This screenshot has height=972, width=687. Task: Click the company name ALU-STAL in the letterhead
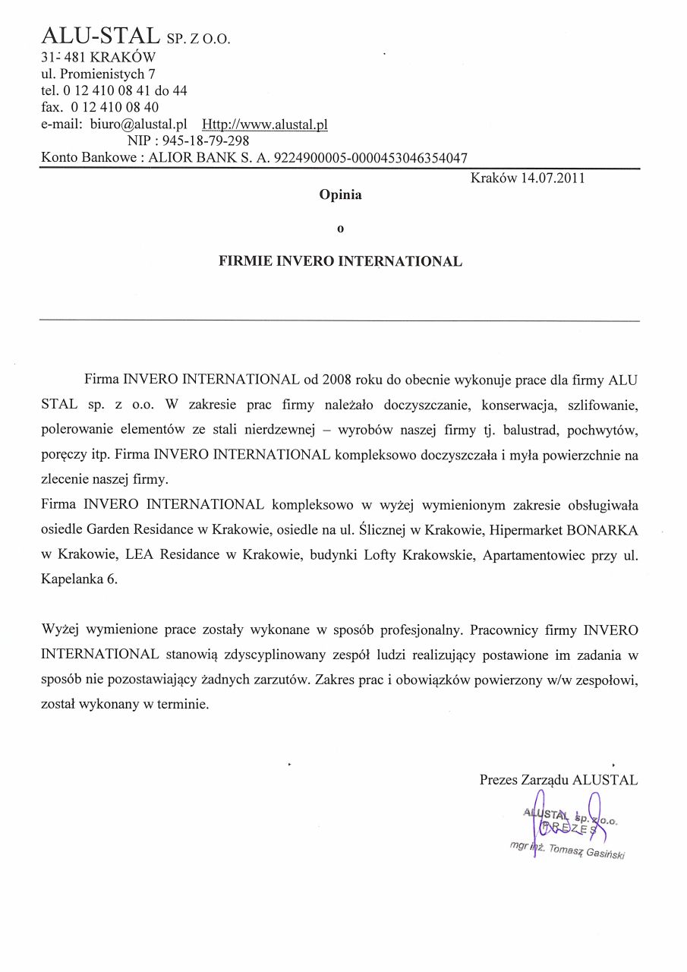(x=100, y=35)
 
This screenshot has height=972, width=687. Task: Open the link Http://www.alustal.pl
(x=264, y=124)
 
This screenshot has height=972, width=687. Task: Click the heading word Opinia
(x=340, y=194)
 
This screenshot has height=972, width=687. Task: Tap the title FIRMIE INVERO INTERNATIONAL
(x=340, y=261)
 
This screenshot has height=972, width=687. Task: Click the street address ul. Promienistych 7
(x=99, y=74)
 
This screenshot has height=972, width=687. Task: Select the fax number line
(x=99, y=107)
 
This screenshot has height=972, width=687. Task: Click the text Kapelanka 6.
(x=79, y=579)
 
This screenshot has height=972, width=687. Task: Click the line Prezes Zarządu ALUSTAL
(x=558, y=780)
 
